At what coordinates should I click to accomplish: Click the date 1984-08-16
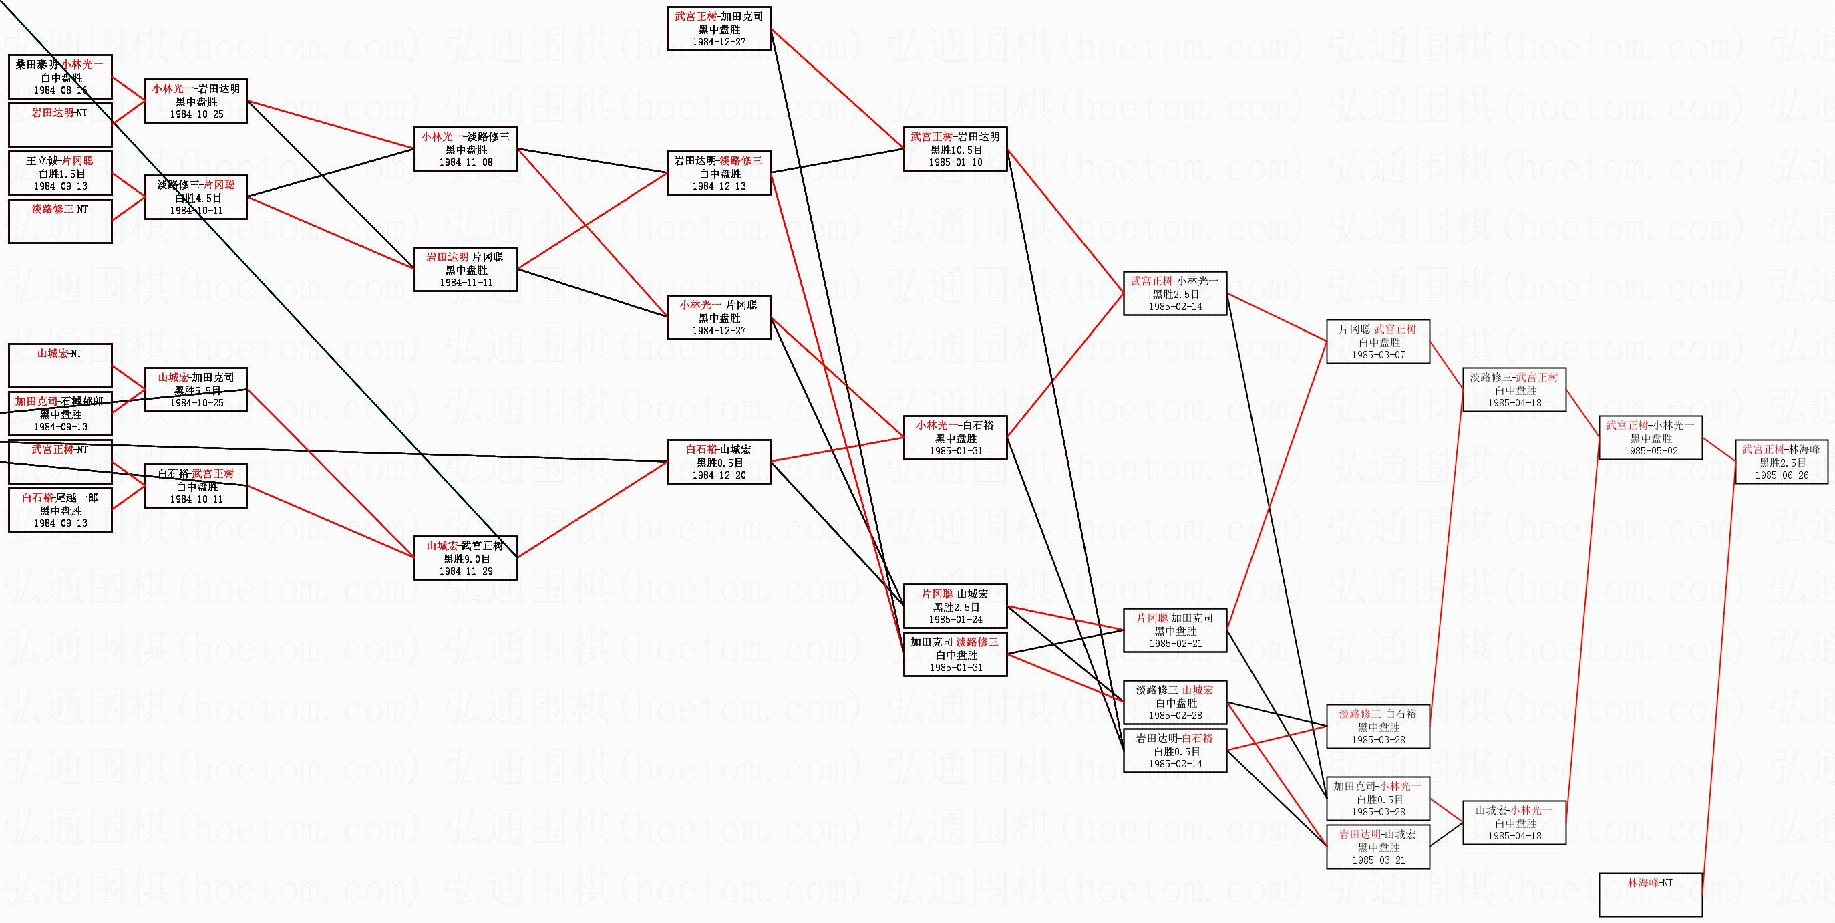pos(61,90)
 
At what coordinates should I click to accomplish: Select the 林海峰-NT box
pos(1650,894)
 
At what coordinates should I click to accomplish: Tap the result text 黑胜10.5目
pos(955,150)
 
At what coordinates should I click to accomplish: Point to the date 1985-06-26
pos(1781,475)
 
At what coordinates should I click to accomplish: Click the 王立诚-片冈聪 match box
pos(61,173)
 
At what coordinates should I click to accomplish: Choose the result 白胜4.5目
pos(196,198)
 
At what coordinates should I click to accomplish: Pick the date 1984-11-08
pos(465,162)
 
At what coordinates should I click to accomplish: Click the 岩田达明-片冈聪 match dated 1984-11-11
pos(465,269)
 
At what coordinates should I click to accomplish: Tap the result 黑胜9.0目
pos(465,559)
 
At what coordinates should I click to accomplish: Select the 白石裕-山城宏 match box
pos(719,462)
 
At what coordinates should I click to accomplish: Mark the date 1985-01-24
pos(955,620)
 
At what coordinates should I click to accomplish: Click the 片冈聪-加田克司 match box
pos(1174,630)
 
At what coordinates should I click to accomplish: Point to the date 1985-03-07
pos(1377,355)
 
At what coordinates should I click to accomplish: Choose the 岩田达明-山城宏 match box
pos(1377,847)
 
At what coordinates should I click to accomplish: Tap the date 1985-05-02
pos(1651,451)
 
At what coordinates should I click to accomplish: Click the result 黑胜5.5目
pos(196,390)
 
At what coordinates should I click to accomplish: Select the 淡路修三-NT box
pos(61,221)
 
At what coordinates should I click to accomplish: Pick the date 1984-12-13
pos(719,186)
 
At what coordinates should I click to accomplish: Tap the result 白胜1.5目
pos(61,174)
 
